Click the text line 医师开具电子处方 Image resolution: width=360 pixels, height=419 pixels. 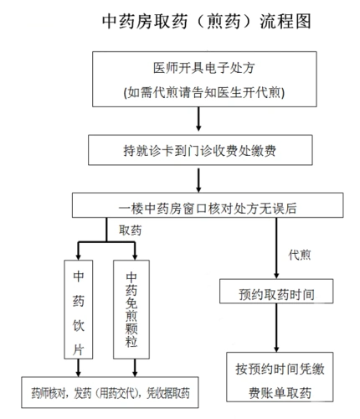[198, 68]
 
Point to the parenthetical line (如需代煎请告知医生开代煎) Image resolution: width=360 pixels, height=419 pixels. [198, 91]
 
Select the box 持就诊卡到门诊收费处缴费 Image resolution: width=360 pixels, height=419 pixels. [198, 150]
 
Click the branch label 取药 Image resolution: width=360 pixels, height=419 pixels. [128, 230]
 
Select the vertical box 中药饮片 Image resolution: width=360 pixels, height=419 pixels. [77, 311]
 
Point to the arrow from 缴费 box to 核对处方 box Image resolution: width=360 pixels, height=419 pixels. [198, 180]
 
